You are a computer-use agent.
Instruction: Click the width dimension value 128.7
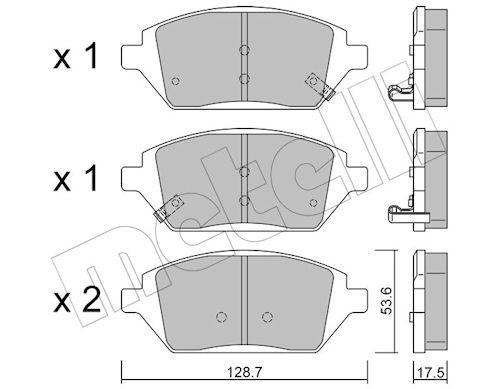(x=244, y=372)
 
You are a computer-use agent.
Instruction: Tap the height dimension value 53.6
(x=387, y=301)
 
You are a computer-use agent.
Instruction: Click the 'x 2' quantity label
(x=77, y=301)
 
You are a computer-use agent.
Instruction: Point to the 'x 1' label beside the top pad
(x=75, y=56)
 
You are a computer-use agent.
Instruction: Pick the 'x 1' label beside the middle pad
(x=75, y=178)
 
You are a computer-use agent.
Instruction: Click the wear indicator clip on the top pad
(x=320, y=86)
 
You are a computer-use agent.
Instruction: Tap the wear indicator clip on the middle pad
(x=169, y=208)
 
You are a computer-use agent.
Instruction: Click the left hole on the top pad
(x=175, y=81)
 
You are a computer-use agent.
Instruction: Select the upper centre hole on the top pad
(x=245, y=50)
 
